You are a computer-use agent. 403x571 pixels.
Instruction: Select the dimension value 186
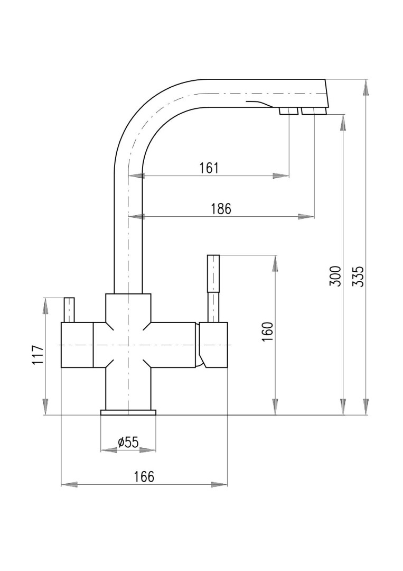tap(221, 209)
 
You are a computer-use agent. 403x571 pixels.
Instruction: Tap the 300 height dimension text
tap(336, 276)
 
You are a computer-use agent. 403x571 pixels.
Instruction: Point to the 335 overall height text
tap(359, 276)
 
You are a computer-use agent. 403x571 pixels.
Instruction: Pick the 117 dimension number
tap(38, 355)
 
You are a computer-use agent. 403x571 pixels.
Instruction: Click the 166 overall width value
tap(144, 476)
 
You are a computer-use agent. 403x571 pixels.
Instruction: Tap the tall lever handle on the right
tap(213, 289)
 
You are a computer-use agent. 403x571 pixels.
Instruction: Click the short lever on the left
tap(69, 310)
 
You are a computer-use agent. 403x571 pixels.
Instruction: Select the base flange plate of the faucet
tap(128, 412)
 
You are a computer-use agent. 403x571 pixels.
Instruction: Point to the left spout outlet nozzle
tap(288, 112)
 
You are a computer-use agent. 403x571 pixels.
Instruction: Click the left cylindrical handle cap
tap(77, 345)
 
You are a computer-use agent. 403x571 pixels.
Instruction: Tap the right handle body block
tap(213, 345)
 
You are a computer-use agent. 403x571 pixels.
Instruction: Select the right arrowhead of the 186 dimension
tap(306, 216)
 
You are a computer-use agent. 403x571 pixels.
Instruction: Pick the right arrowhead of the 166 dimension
tap(220, 485)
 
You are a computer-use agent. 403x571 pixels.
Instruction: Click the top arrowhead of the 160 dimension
tap(275, 263)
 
